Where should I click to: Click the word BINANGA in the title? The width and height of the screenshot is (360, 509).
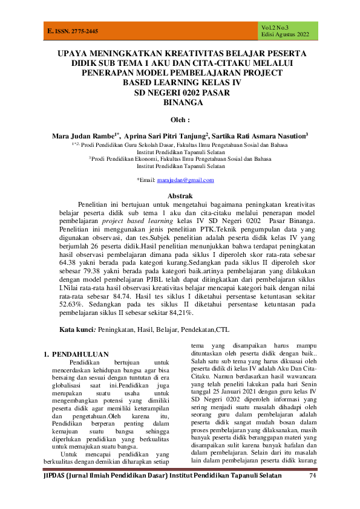tap(180, 102)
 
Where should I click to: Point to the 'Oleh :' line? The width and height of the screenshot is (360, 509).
tap(180, 120)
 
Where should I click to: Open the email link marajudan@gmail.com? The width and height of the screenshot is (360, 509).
tap(185, 180)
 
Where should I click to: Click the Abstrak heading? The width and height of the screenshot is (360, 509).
tap(180, 196)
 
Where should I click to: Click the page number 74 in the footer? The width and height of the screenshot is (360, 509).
tap(313, 494)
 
